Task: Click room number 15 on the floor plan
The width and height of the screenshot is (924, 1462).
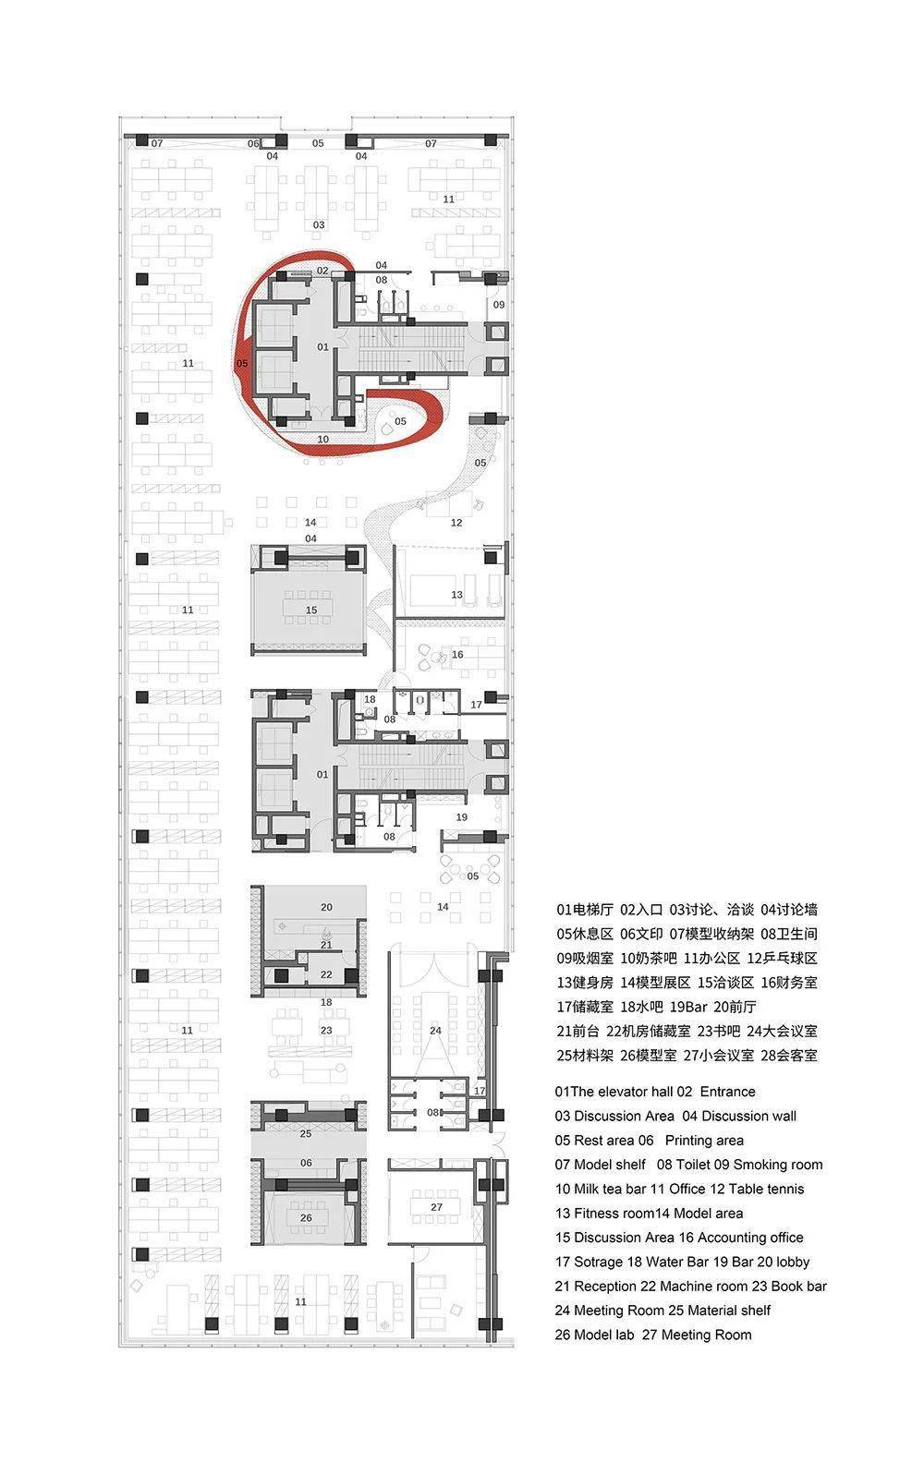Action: click(x=311, y=610)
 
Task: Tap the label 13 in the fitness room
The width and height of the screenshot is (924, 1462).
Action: click(x=456, y=595)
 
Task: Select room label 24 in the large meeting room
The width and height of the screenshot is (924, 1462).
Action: click(x=435, y=1031)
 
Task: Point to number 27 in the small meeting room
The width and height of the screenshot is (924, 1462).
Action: click(x=437, y=1207)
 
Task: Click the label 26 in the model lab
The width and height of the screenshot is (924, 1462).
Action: click(x=306, y=1218)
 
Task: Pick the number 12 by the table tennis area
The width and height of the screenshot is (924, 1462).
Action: click(x=456, y=523)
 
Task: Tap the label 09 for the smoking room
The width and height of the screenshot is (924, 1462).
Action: click(x=499, y=305)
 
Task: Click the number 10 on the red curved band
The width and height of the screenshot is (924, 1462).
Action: click(x=323, y=440)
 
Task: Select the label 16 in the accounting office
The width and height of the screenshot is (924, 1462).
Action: click(x=457, y=654)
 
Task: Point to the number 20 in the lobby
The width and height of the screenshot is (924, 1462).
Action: click(x=326, y=907)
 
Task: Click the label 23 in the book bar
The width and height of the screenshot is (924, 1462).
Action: click(x=326, y=1031)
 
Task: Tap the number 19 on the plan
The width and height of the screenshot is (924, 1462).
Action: click(x=462, y=817)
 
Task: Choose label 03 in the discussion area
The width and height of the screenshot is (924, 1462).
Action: click(x=319, y=225)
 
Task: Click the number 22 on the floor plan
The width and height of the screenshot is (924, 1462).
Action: click(x=326, y=974)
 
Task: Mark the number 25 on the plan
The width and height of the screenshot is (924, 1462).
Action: click(x=306, y=1134)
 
